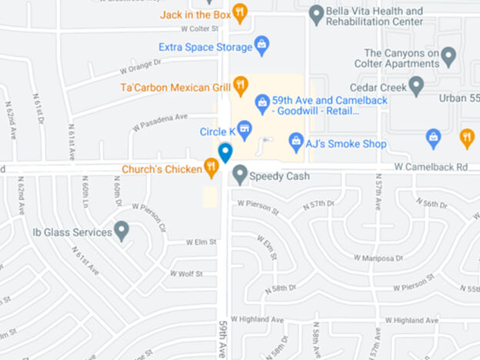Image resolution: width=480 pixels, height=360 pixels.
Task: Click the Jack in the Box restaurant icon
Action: pyautogui.click(x=240, y=13)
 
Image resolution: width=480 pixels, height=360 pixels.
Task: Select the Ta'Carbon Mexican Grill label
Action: pyautogui.click(x=175, y=87)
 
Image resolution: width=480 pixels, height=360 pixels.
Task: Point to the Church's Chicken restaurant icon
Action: pyautogui.click(x=211, y=168)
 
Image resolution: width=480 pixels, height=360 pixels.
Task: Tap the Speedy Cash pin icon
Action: pyautogui.click(x=240, y=175)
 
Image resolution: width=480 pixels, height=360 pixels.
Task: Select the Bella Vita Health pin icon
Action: pyautogui.click(x=316, y=14)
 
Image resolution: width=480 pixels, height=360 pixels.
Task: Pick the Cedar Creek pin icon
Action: pyautogui.click(x=416, y=85)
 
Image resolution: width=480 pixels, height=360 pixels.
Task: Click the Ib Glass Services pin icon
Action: pyautogui.click(x=122, y=231)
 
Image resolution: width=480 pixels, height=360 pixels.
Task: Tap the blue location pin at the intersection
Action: pyautogui.click(x=225, y=153)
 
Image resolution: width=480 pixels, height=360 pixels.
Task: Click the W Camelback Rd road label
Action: pyautogui.click(x=431, y=166)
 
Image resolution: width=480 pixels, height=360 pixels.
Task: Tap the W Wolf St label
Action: pyautogui.click(x=186, y=273)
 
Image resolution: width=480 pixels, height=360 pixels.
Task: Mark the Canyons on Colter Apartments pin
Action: pyautogui.click(x=448, y=57)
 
